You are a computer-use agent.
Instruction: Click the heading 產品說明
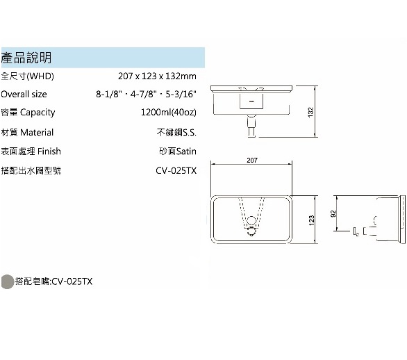click(x=26, y=58)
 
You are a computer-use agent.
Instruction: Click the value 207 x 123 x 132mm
click(x=157, y=76)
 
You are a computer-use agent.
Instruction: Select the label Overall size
click(x=24, y=94)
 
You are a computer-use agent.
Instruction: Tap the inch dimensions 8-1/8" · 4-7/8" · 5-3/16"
click(x=146, y=94)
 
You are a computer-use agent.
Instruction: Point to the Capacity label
click(x=28, y=112)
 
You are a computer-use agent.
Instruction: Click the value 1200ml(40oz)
click(x=169, y=112)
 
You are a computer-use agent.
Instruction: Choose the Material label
click(x=27, y=133)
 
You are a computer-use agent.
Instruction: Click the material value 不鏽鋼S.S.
click(x=176, y=133)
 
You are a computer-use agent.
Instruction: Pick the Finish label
click(x=31, y=152)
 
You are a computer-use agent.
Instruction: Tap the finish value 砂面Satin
click(x=178, y=152)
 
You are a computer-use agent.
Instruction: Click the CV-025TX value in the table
click(x=176, y=171)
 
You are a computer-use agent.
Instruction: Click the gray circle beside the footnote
click(x=7, y=281)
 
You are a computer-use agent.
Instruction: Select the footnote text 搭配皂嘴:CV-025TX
click(x=53, y=281)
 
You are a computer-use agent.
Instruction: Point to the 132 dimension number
click(x=310, y=112)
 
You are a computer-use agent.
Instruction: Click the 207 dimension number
click(x=252, y=161)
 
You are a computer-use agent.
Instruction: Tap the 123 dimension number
click(x=311, y=220)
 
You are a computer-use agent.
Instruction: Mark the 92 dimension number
click(x=333, y=214)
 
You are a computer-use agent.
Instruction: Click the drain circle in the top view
click(x=251, y=220)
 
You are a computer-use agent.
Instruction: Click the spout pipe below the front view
click(x=251, y=126)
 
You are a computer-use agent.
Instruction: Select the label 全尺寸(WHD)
click(x=28, y=76)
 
